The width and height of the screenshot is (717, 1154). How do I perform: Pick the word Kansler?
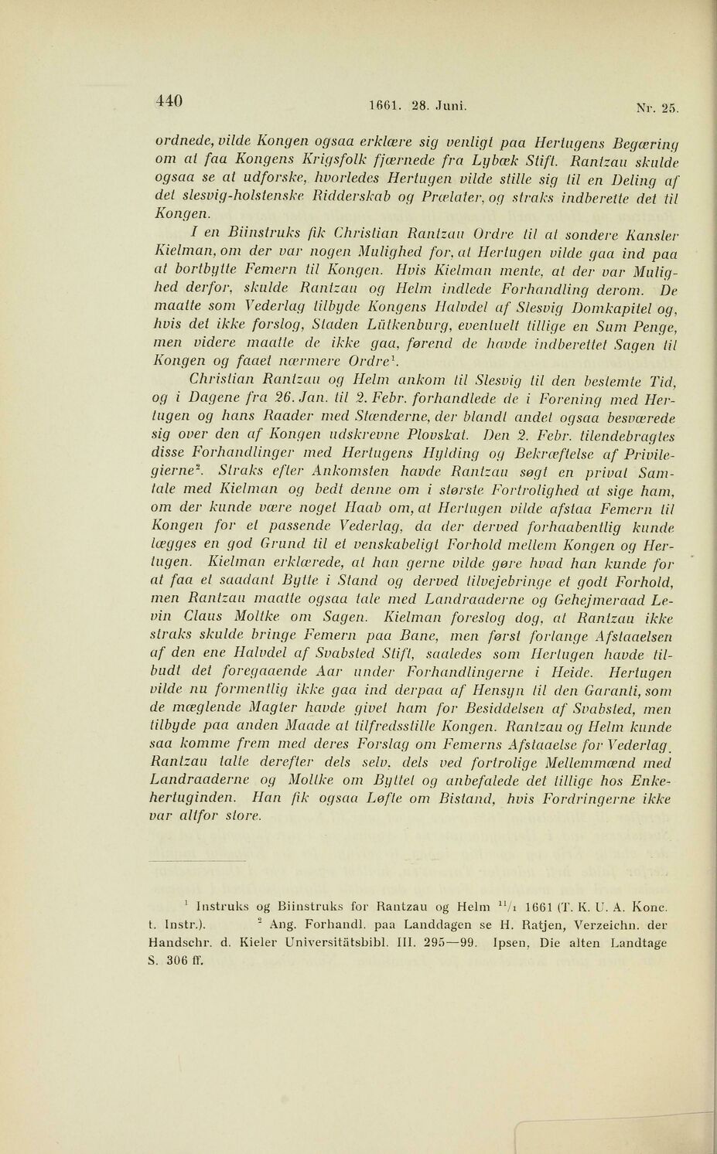click(x=654, y=235)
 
